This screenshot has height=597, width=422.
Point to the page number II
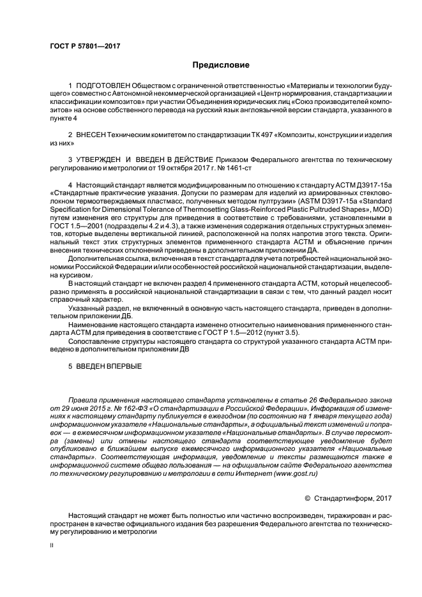click(x=53, y=547)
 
